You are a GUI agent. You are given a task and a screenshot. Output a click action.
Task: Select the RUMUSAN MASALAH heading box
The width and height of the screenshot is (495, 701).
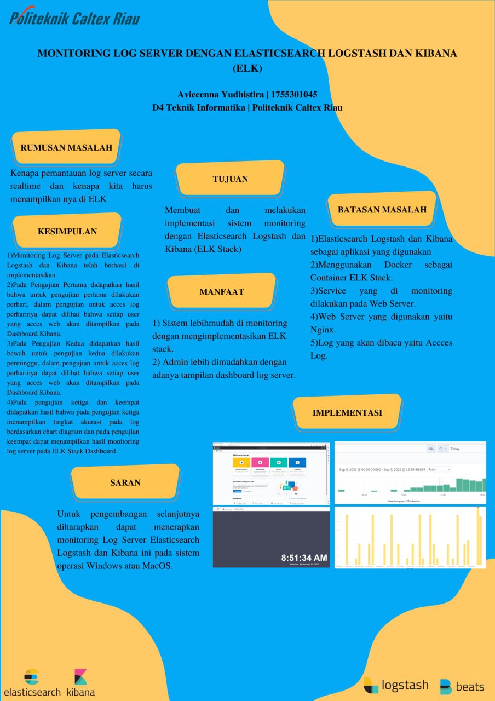point(66,147)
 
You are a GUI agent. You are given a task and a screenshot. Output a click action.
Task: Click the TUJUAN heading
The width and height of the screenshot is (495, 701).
point(230,179)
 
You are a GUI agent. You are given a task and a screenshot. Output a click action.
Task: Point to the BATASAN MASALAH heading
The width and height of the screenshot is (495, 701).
point(382,210)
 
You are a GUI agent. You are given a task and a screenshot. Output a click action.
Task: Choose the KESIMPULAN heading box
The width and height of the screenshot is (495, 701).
point(67,232)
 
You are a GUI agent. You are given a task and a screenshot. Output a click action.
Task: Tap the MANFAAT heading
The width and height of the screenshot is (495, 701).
point(221,292)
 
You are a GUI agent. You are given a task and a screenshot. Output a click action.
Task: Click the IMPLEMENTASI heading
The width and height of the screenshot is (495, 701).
point(347,413)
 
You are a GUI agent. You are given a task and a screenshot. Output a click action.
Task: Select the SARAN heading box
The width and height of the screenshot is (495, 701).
point(125,482)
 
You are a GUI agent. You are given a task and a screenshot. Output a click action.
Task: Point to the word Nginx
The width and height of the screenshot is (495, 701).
point(323,330)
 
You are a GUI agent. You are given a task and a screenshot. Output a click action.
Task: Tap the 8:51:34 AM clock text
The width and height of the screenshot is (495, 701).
point(304,558)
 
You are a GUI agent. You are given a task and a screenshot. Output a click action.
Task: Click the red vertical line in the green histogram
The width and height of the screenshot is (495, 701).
point(439,485)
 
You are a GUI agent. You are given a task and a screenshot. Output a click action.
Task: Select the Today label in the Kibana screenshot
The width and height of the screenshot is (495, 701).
point(455,449)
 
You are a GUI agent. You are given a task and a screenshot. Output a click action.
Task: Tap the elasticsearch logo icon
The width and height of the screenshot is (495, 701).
point(32,677)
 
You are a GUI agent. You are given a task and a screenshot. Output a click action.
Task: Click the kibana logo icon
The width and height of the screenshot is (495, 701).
point(80,677)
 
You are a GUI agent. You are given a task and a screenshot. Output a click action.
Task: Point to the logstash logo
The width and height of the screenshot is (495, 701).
point(396,685)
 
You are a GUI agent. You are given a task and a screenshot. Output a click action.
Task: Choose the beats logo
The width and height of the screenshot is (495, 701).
point(462,686)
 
